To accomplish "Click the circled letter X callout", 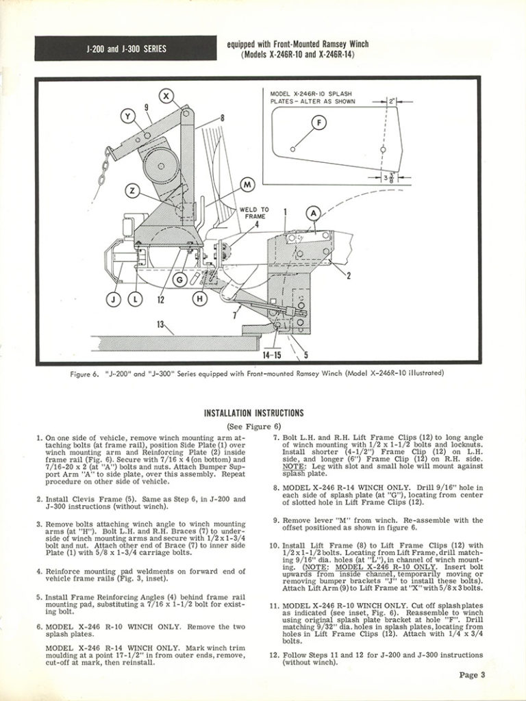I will tap(166, 96).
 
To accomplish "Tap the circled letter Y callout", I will tap(127, 117).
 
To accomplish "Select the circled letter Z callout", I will tap(134, 190).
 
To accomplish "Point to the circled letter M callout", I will tap(247, 184).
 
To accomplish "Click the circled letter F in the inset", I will tap(318, 123).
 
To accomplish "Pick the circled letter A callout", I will tap(313, 214).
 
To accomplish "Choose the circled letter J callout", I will tap(113, 298).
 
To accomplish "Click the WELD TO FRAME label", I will tap(253, 213).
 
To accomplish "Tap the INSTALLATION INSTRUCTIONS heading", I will tap(254, 413).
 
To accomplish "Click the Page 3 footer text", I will tap(472, 675).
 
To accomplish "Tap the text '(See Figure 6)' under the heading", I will tap(254, 426).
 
